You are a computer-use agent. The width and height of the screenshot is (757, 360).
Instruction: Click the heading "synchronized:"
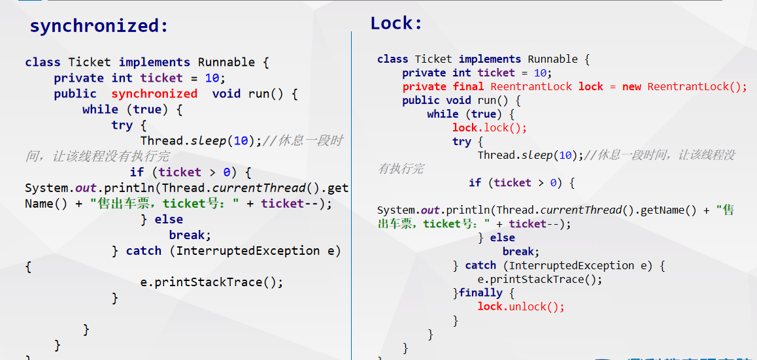coord(99,26)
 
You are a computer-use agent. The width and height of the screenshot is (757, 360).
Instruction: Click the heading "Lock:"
coord(396,24)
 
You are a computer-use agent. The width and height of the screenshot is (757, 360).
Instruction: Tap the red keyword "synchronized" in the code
coord(154,94)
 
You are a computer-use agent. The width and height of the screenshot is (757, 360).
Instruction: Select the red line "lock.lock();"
coord(489,128)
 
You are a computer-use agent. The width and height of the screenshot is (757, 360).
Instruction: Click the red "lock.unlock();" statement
coord(521,307)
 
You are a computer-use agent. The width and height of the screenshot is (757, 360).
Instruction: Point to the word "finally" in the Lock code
coord(480,293)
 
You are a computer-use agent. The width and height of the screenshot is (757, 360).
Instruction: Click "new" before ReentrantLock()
coord(631,87)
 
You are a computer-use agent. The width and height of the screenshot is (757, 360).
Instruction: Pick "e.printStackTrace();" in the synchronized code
coord(212,283)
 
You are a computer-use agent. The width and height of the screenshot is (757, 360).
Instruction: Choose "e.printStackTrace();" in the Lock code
coord(539,280)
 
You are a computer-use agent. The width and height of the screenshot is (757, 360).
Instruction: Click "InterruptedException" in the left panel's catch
coord(248,251)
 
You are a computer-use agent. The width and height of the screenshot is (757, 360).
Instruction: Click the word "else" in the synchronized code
coord(169,220)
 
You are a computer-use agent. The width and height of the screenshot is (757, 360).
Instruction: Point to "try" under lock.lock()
coord(462,142)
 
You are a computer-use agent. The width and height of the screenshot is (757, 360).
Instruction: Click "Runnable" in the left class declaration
coord(226,63)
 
